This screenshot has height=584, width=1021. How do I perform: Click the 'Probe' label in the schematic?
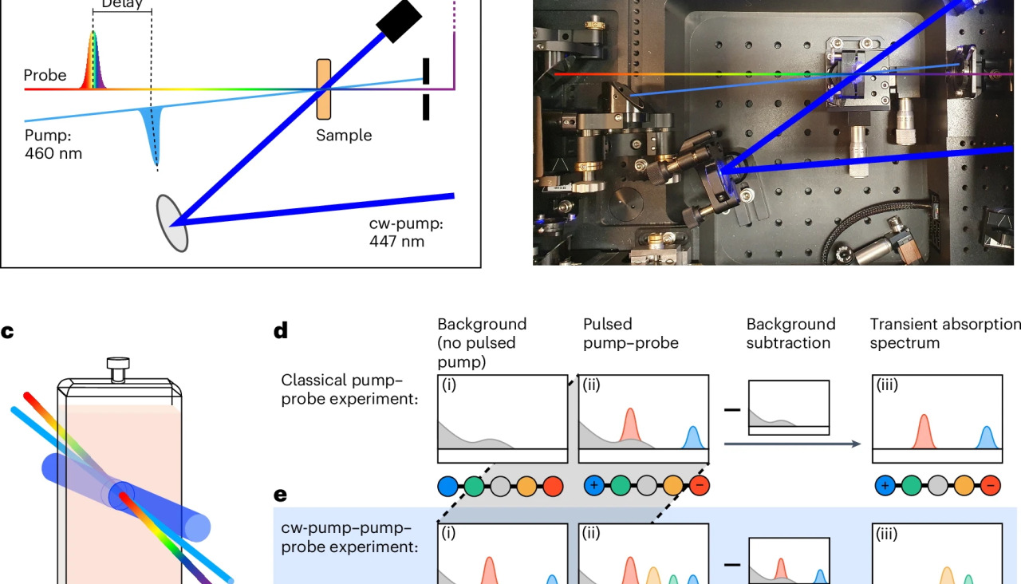pyautogui.click(x=45, y=75)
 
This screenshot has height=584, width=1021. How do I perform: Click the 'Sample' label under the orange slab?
pyautogui.click(x=343, y=135)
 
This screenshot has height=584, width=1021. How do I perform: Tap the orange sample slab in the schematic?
pyautogui.click(x=323, y=89)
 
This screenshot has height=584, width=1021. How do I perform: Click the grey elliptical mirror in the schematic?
pyautogui.click(x=171, y=223)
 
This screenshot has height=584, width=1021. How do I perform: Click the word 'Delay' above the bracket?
pyautogui.click(x=121, y=4)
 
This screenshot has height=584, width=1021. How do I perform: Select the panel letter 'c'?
pyautogui.click(x=7, y=331)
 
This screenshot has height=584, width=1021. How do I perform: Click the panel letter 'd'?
pyautogui.click(x=280, y=331)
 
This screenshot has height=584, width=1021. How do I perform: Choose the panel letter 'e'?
pyautogui.click(x=280, y=495)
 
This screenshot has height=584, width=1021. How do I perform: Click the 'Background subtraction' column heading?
pyautogui.click(x=790, y=333)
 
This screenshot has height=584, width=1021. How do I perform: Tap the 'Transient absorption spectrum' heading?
pyautogui.click(x=944, y=333)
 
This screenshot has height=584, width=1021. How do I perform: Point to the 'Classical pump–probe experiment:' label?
pyautogui.click(x=349, y=389)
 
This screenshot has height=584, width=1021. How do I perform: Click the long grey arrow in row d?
pyautogui.click(x=791, y=443)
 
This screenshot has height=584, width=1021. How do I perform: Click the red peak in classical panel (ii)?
pyautogui.click(x=630, y=428)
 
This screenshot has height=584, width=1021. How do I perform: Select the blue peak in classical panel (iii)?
pyautogui.click(x=987, y=438)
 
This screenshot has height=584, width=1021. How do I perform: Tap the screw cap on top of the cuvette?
pyautogui.click(x=119, y=369)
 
